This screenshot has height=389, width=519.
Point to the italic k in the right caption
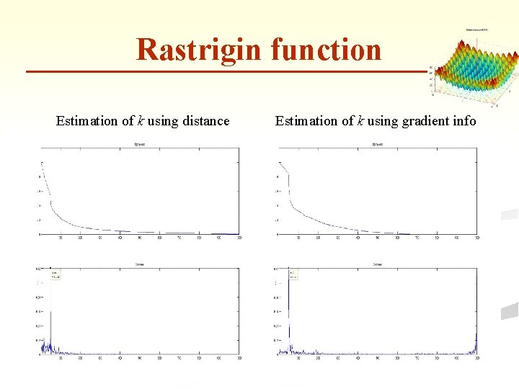click(359, 121)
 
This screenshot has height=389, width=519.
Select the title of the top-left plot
click(140, 145)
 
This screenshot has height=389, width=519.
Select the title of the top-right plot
click(376, 145)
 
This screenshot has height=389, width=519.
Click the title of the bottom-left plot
click(140, 264)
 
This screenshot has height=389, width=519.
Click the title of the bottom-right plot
click(376, 264)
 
